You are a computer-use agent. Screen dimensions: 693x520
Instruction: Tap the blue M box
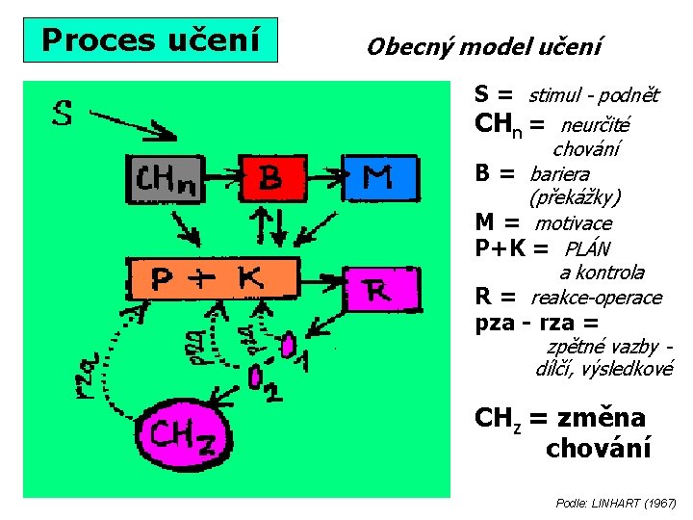[x=377, y=177]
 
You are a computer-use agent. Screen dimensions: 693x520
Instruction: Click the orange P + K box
[x=210, y=278]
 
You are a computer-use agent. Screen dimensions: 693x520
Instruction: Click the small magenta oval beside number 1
[x=290, y=345]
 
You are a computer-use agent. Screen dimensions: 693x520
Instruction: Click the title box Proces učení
[x=151, y=39]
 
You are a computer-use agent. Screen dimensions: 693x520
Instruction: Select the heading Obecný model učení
[x=484, y=45]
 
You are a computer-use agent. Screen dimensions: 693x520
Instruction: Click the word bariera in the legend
[x=560, y=174]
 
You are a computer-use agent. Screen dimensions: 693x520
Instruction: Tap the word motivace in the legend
[x=574, y=223]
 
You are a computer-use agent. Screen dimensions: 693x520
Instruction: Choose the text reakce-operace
[x=597, y=298]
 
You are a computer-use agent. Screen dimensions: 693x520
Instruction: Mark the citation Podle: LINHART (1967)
[x=616, y=503]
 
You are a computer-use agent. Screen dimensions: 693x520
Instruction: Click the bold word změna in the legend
[x=599, y=418]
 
